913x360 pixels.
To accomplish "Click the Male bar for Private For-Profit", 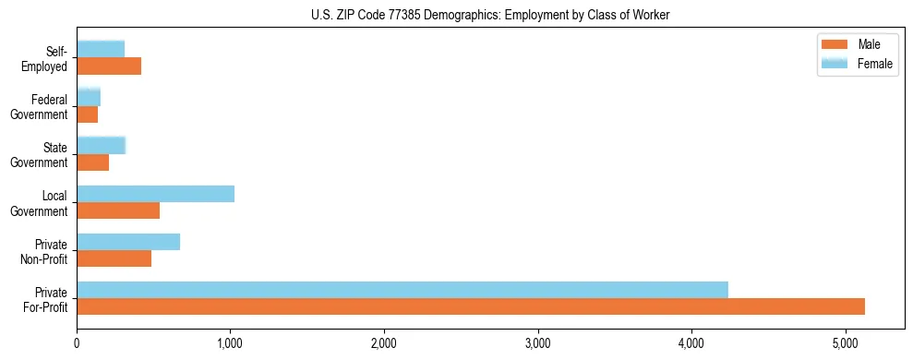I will point(471,306).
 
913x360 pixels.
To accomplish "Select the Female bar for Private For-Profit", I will point(402,290).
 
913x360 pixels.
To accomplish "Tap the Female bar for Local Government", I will point(155,194).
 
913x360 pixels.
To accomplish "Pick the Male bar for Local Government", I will point(118,210).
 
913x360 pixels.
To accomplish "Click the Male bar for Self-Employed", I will point(109,66).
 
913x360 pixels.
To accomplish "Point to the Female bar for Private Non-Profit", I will point(128,242).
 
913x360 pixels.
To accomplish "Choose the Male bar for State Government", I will point(92,162).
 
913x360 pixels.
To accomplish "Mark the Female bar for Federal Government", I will point(88,98).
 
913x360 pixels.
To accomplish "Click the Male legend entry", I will point(869,45).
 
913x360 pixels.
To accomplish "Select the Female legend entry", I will point(874,64).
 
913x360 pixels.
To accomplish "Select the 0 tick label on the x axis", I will point(77,344).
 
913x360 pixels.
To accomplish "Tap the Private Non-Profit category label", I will point(46,251).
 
